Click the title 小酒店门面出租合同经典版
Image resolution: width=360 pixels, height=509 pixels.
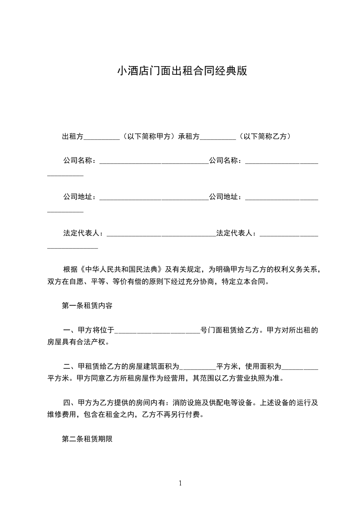182,71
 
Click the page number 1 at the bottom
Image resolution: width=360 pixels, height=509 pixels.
180,483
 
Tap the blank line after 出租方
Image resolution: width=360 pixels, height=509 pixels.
102,137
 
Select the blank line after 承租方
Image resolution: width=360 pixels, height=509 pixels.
217,137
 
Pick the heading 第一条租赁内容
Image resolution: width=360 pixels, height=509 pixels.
87,306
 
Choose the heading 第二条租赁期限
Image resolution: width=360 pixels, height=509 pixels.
87,439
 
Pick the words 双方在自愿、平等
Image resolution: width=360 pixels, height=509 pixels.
69,281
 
